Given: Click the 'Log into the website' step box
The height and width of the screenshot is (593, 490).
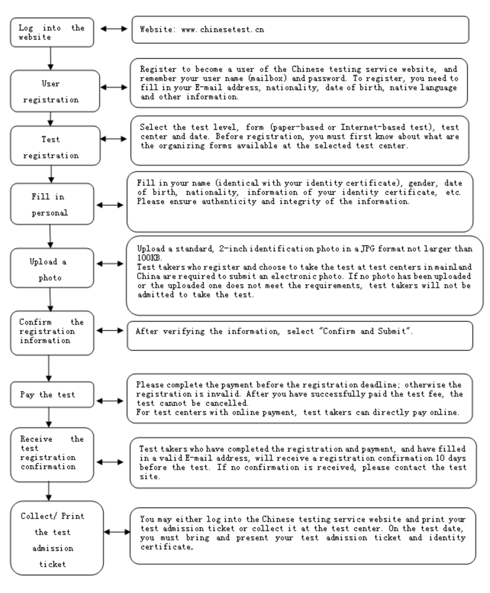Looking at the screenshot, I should point(52,32).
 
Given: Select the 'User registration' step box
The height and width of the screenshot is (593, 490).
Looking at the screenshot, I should point(55,91).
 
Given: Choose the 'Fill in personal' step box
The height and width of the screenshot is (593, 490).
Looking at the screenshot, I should point(52,204).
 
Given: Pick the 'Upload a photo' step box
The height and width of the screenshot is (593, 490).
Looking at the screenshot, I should point(52,268).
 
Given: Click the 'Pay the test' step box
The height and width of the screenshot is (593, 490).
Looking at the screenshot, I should point(52,395).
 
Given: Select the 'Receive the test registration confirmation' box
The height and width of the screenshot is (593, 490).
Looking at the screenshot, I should point(52,455).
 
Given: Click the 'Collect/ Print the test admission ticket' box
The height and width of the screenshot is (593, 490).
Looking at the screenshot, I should point(56,538).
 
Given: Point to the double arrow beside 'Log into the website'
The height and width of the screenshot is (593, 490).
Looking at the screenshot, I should point(114,29).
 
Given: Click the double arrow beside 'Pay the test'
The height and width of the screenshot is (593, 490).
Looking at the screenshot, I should point(110,401).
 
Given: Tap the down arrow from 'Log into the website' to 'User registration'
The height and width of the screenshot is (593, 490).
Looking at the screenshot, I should point(50,59).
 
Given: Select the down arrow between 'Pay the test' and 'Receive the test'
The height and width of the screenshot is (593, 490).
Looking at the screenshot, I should point(48,417).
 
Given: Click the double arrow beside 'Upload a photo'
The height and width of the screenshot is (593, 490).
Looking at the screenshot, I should point(110,264).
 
